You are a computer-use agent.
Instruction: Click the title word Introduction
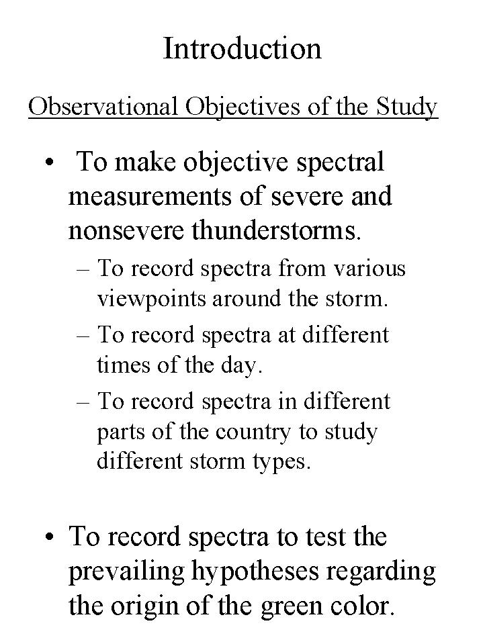242,48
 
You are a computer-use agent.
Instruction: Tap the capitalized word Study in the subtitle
407,106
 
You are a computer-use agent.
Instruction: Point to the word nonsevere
127,230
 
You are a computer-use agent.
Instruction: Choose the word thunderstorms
276,230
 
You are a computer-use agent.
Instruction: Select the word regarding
385,572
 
